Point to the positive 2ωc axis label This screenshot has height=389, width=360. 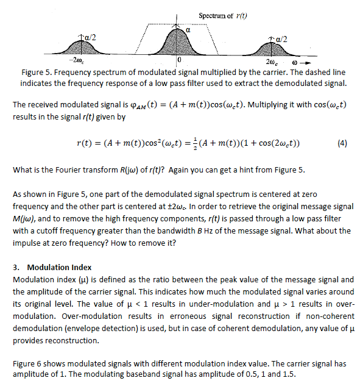coord(272,63)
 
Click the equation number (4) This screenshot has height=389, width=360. coord(342,144)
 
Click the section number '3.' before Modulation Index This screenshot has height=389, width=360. coord(16,267)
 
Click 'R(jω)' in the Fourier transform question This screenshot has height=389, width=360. coord(107,170)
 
